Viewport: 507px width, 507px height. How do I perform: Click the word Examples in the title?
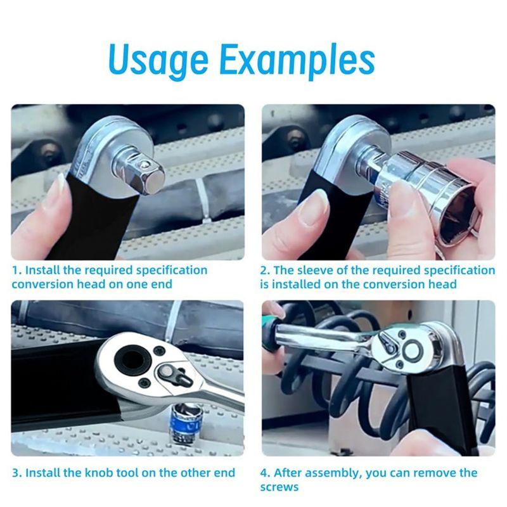297,59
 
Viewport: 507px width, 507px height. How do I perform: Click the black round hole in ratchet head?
132,359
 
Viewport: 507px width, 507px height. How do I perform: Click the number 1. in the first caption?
17,271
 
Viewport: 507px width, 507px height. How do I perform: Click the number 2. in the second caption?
265,271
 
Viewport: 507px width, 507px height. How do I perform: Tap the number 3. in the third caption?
17,473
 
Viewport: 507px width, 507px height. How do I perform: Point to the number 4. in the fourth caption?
265,473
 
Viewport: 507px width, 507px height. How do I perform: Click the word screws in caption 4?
279,487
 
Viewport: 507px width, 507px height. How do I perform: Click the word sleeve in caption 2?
315,271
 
